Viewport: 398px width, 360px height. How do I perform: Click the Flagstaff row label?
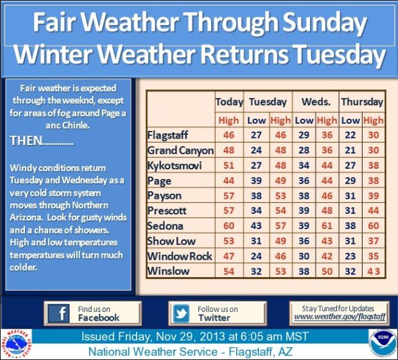tap(170, 135)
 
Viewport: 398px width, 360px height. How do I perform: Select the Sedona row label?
tap(166, 226)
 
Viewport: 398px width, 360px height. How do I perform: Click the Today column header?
tap(229, 101)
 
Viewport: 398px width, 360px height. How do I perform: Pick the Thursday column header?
tap(362, 101)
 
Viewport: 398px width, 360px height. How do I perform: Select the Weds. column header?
tap(316, 101)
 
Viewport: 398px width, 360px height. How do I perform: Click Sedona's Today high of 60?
tap(229, 226)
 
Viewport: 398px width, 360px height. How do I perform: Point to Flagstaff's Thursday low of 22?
tap(350, 135)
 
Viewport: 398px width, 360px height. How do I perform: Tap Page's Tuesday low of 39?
tap(257, 181)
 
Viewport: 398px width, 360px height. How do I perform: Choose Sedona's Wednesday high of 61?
tap(327, 226)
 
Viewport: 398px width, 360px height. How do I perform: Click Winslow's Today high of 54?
tap(229, 271)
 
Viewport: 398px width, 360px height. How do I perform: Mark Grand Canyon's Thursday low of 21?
tap(350, 151)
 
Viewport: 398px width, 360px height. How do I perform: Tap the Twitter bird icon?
tap(182, 313)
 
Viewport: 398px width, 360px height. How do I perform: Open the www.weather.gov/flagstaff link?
tap(340, 317)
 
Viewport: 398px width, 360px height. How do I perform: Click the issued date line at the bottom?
tap(195, 337)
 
